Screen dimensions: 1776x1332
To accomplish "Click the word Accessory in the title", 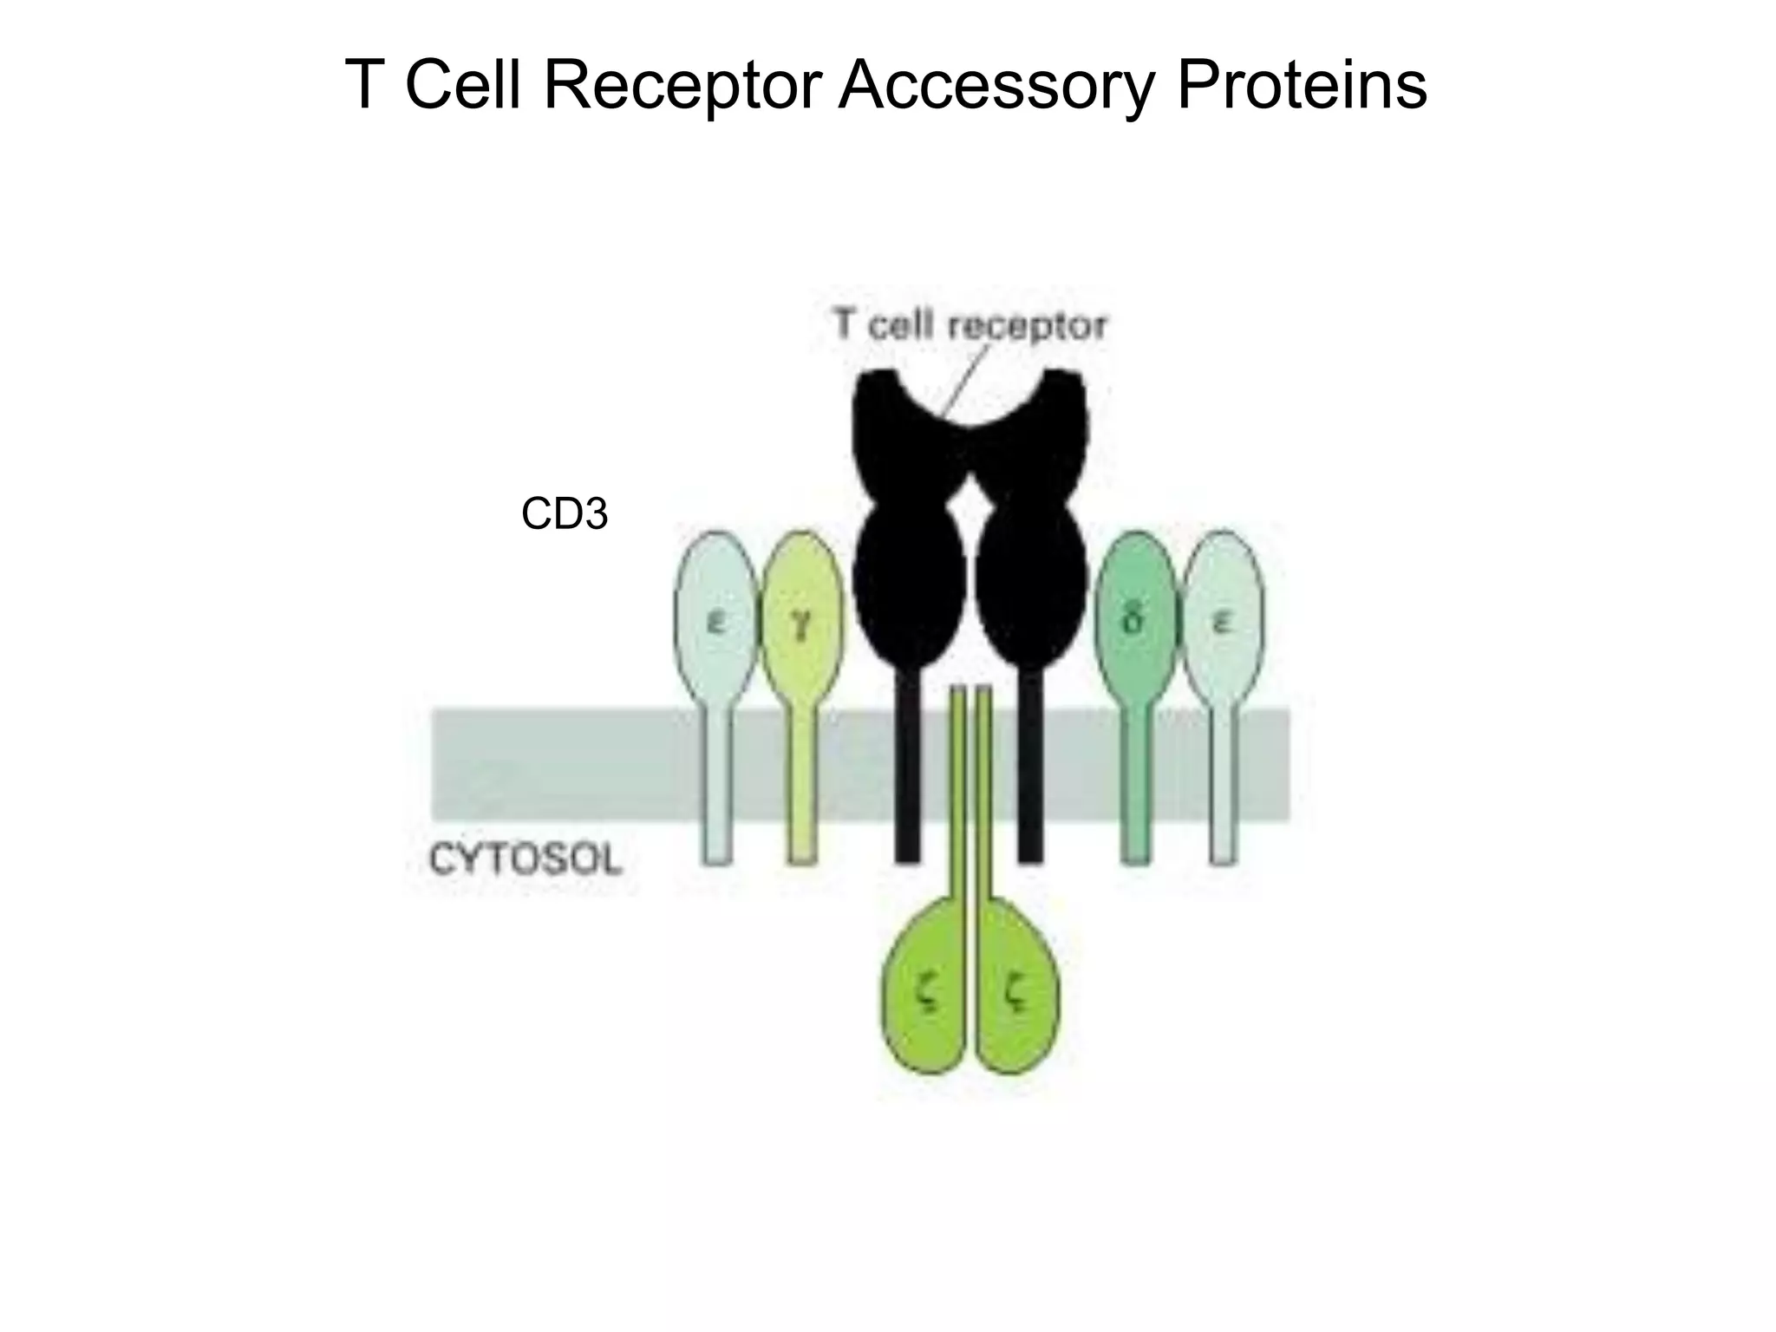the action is (996, 87).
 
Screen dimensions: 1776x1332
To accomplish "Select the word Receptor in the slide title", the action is (682, 87).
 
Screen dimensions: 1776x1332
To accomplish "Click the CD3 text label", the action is (565, 514).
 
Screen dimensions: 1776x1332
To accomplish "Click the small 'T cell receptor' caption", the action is (970, 326).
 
